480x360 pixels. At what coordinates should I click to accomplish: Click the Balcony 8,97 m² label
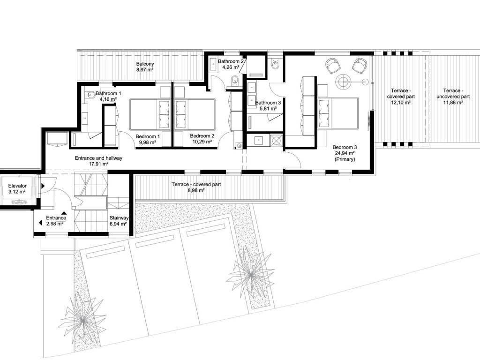[x=145, y=67]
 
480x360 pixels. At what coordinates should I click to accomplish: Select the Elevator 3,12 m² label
[x=17, y=188]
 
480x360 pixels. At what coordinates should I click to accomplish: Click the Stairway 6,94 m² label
[x=119, y=221]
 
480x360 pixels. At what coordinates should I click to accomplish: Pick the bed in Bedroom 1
[x=150, y=114]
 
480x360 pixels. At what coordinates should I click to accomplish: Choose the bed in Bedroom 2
[x=195, y=114]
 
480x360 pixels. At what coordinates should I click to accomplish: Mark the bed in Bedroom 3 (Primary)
[x=338, y=113]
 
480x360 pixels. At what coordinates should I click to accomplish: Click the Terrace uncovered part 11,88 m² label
[x=453, y=97]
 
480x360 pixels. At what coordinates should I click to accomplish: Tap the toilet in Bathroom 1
[x=90, y=95]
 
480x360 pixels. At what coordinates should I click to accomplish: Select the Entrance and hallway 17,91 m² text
[x=98, y=161]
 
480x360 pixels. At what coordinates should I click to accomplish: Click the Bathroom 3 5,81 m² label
[x=268, y=105]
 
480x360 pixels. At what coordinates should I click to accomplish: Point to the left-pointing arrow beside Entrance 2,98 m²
[x=40, y=223]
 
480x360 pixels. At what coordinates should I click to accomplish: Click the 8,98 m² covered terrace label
[x=196, y=187]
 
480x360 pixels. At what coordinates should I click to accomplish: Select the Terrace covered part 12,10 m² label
[x=401, y=97]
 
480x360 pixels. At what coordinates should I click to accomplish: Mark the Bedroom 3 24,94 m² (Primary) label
[x=345, y=153]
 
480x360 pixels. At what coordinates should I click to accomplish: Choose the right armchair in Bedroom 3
[x=360, y=65]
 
